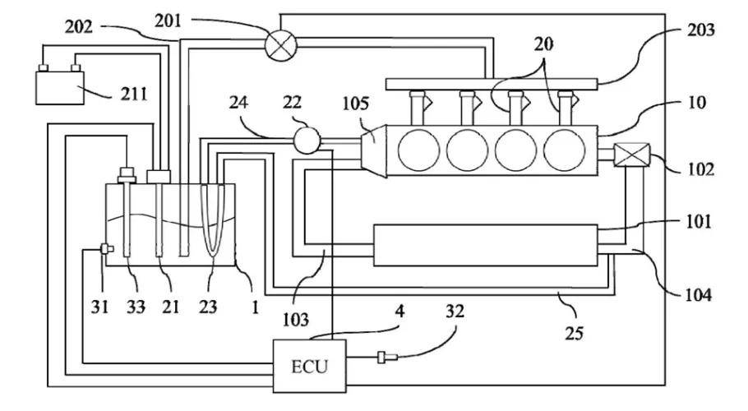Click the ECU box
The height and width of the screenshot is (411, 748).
[x=309, y=364]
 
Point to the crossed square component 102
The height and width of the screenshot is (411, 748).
[x=633, y=155]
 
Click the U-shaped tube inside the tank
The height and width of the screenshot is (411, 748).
[x=212, y=222]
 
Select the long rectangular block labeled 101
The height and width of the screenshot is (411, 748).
[x=485, y=245]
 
